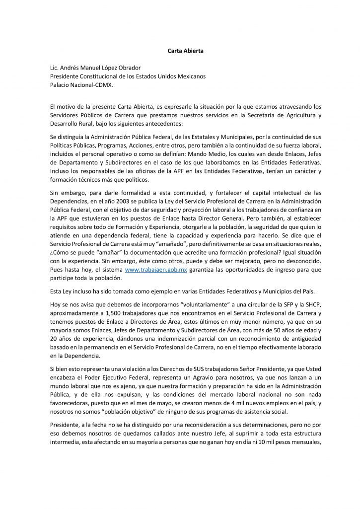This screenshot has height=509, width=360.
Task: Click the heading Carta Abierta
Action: (x=180, y=51)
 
